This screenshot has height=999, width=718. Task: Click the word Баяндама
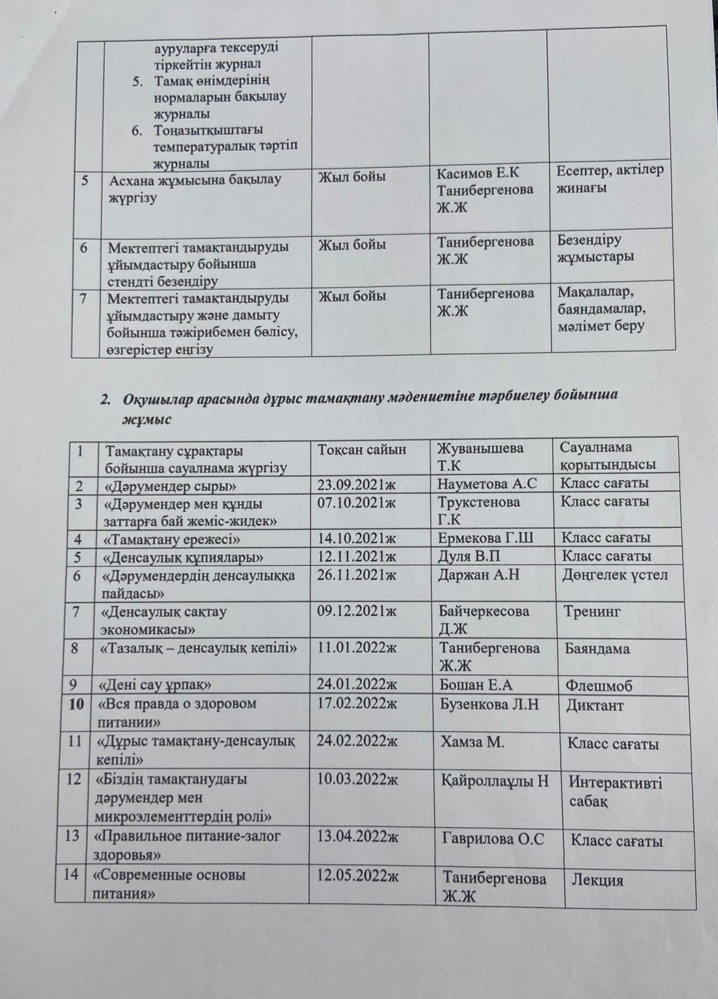point(598,649)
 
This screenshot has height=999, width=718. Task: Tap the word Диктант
point(595,706)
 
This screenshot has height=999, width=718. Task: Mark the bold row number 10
point(77,704)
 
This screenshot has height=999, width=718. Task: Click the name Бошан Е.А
point(476,686)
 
